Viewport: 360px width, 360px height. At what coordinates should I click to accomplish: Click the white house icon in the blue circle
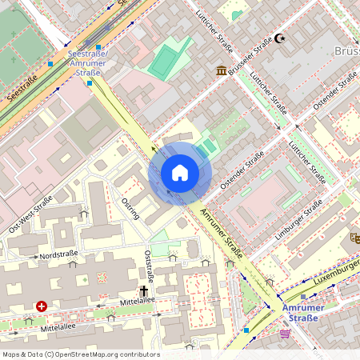pos(180,173)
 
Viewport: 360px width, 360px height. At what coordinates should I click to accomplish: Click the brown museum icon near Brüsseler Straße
pos(220,70)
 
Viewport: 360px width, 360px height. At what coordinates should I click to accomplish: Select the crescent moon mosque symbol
pos(280,38)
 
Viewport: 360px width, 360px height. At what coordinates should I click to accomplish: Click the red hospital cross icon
pos(41,306)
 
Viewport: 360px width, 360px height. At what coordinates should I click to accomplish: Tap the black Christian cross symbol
pos(145,291)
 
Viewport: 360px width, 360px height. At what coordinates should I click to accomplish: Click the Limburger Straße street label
pos(303,217)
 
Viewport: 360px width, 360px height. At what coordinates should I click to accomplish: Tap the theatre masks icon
pos(354,238)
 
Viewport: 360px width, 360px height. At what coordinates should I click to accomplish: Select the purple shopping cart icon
pos(286,333)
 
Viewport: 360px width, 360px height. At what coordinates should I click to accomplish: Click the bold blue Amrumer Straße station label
pos(299,312)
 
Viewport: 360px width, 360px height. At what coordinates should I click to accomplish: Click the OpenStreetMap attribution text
pos(80,354)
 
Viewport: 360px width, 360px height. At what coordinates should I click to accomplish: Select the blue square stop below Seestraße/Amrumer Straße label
pos(90,82)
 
